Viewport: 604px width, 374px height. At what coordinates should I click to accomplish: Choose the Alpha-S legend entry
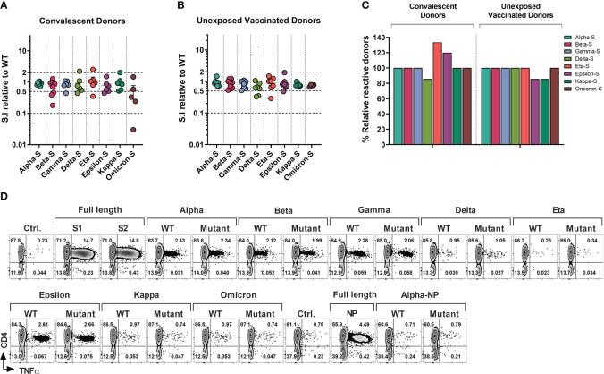(x=579, y=38)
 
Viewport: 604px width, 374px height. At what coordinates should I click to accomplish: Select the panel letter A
(x=6, y=7)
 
